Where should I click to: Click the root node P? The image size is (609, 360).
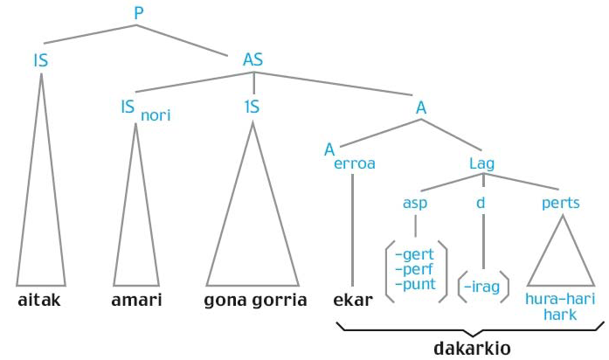(138, 13)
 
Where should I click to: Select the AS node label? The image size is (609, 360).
(253, 60)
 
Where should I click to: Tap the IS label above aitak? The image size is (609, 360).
(40, 60)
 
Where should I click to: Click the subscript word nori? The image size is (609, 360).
(156, 114)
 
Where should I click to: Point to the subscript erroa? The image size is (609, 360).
(355, 163)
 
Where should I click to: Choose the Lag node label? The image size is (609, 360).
(482, 163)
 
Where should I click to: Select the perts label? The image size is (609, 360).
(560, 203)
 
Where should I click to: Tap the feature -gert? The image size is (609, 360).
(415, 254)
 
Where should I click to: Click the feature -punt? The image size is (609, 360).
(415, 284)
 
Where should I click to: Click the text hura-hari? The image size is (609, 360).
(560, 299)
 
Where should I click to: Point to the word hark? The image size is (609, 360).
(560, 314)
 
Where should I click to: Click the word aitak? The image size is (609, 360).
(41, 300)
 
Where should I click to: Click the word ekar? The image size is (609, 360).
(353, 300)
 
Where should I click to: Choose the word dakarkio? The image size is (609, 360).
(473, 348)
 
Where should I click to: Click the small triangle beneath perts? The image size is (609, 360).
(560, 258)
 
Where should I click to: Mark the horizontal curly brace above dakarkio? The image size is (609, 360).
(473, 330)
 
